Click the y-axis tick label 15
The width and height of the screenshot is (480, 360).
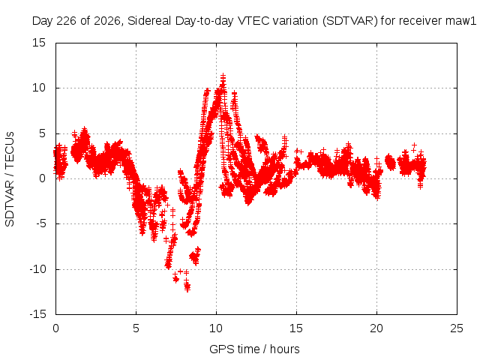point(39,43)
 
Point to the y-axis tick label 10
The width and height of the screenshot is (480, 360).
point(39,88)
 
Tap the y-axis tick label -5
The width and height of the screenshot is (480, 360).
point(41,223)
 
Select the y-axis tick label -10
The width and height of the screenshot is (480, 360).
point(38,269)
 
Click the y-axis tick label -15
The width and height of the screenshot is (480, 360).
point(38,314)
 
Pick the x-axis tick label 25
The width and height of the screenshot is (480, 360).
point(457,328)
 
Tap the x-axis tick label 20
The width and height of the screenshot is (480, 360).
point(376,328)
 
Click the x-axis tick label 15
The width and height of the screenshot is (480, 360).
point(296,328)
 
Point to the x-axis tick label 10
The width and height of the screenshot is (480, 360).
point(216,328)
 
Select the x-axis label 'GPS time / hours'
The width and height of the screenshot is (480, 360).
point(254,349)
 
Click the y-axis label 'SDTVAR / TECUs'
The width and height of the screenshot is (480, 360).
point(10,179)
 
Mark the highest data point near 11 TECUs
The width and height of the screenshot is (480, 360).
point(223,76)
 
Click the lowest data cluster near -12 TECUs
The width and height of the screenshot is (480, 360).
point(187,287)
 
